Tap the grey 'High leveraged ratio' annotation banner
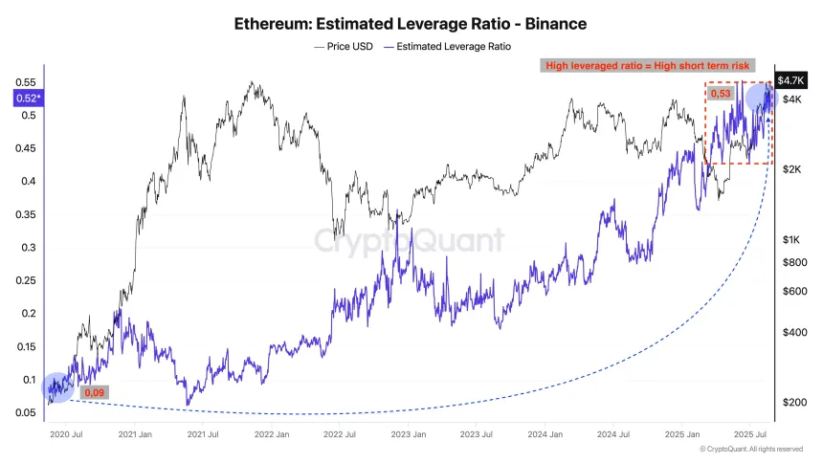click(x=648, y=65)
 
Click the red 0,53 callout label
click(x=720, y=94)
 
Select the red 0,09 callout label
click(x=94, y=392)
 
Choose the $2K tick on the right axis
click(x=792, y=169)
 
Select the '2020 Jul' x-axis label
click(x=64, y=433)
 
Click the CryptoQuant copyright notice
click(x=751, y=449)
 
